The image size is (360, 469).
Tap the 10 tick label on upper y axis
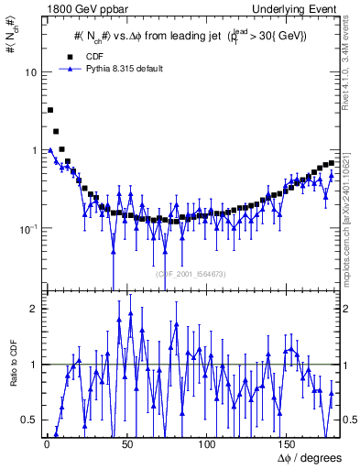[31, 72]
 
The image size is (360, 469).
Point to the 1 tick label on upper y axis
[35, 150]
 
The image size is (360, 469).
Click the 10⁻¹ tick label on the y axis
[27, 228]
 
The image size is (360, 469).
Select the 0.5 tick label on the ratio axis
[30, 420]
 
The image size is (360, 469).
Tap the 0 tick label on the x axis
[46, 443]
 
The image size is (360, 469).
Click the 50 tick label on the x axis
[127, 443]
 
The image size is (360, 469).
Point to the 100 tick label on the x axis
[206, 443]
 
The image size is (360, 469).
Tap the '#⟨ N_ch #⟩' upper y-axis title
[11, 46]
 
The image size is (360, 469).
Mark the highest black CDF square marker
[49, 110]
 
